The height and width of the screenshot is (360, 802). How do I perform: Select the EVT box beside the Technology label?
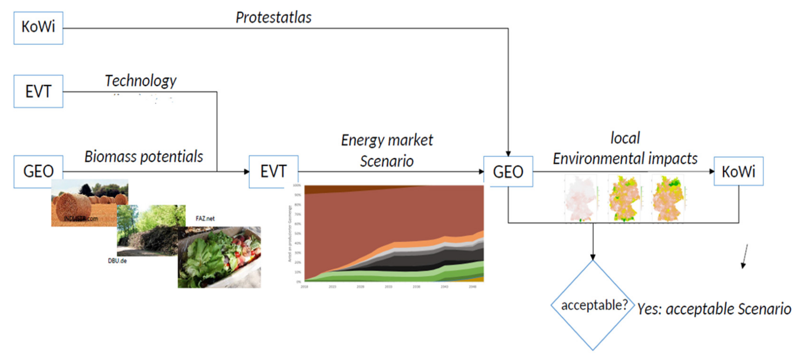click(x=38, y=91)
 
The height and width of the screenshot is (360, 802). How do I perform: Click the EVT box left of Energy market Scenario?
click(x=273, y=171)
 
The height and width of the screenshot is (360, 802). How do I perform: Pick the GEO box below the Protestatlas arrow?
click(x=508, y=172)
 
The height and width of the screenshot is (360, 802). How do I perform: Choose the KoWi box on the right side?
click(x=738, y=171)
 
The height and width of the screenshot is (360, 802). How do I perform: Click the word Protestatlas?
click(x=273, y=17)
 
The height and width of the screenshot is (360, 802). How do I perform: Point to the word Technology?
click(x=140, y=81)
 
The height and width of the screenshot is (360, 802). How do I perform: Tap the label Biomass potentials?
click(x=144, y=157)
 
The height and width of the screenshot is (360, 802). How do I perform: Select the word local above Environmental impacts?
click(x=625, y=138)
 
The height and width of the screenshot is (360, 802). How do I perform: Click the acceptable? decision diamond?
click(x=593, y=305)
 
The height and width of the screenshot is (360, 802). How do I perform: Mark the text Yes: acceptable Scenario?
click(x=714, y=309)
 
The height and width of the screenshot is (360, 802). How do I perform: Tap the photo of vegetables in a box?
click(x=219, y=257)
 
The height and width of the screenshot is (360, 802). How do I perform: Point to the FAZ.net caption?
click(x=205, y=219)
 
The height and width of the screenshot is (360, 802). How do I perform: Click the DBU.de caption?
click(x=117, y=261)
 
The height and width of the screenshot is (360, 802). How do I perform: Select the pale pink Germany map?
click(x=580, y=198)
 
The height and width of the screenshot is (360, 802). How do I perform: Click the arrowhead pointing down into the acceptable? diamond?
click(x=593, y=257)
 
